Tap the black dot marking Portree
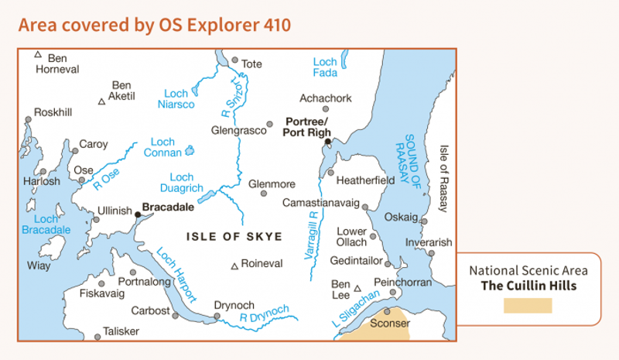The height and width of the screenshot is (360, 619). tap(328, 142)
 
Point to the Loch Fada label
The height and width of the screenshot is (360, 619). tap(325, 67)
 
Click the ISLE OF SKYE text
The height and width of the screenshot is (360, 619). tap(234, 236)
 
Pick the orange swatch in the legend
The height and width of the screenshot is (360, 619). tap(528, 305)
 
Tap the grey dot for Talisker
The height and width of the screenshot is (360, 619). tap(97, 337)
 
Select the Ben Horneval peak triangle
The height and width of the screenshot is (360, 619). tap(37, 54)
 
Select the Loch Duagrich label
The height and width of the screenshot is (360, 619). tap(186, 183)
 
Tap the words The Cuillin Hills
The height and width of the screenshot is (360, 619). tap(528, 285)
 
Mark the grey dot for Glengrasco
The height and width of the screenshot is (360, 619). tap(270, 124)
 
